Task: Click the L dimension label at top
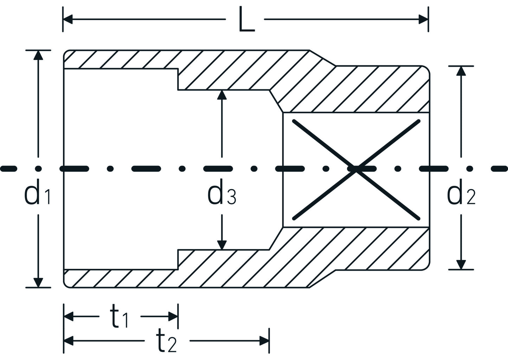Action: coord(246,20)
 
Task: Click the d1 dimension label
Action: coord(37,195)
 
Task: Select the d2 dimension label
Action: coord(461,195)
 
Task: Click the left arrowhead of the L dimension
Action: coord(68,20)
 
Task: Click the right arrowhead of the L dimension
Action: coord(423,20)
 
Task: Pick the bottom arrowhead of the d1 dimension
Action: coord(38,282)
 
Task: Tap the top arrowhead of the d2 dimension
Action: coord(461,71)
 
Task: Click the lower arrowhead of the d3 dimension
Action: coord(221,245)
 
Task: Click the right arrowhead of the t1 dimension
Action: coord(173,316)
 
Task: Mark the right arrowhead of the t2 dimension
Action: coord(264,341)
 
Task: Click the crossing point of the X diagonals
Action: coord(356,169)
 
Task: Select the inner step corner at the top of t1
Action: coord(178,69)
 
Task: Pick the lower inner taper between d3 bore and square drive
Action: coord(276,238)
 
